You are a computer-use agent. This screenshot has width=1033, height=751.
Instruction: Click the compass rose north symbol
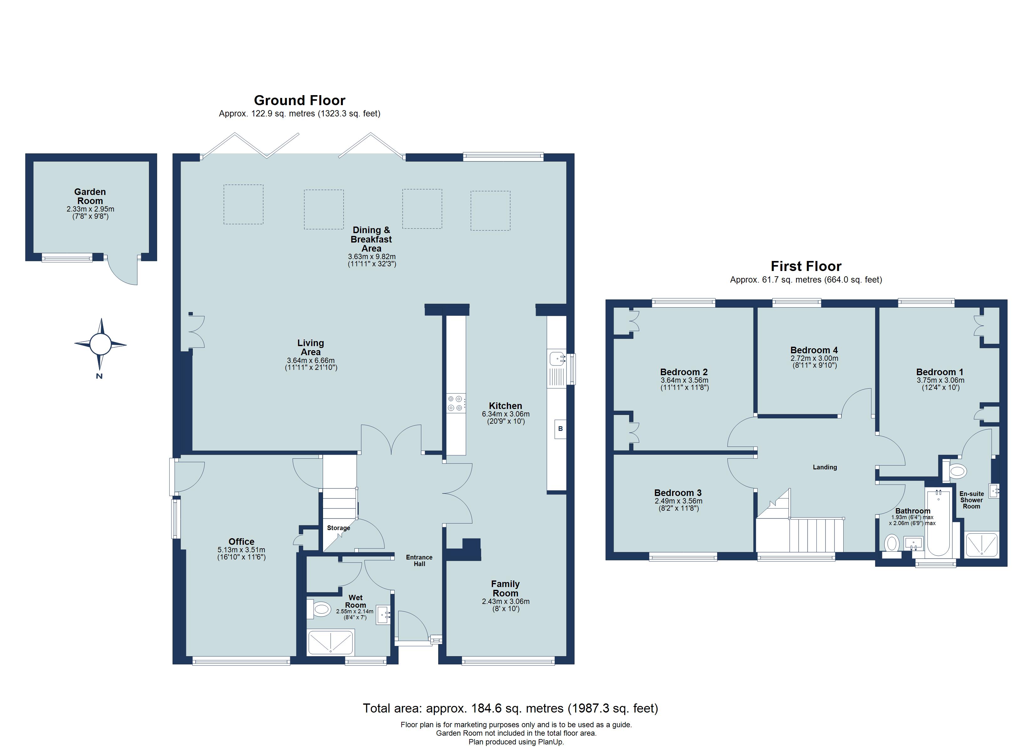point(100,344)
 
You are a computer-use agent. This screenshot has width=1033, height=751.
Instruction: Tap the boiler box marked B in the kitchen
point(560,429)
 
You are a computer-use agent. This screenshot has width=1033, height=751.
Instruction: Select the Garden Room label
point(90,196)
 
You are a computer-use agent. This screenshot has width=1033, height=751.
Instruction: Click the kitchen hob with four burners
point(456,403)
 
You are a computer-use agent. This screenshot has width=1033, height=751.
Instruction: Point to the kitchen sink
point(557,359)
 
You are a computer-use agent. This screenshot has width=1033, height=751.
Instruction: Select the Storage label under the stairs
point(338,528)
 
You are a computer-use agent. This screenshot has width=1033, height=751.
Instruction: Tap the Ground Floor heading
point(299,100)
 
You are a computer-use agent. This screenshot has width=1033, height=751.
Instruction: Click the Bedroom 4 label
point(814,350)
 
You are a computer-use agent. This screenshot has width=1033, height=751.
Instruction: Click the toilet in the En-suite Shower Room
point(957,470)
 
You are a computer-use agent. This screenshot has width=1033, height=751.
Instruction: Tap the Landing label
point(825,467)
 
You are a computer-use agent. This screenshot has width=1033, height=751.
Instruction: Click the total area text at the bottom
point(510,708)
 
